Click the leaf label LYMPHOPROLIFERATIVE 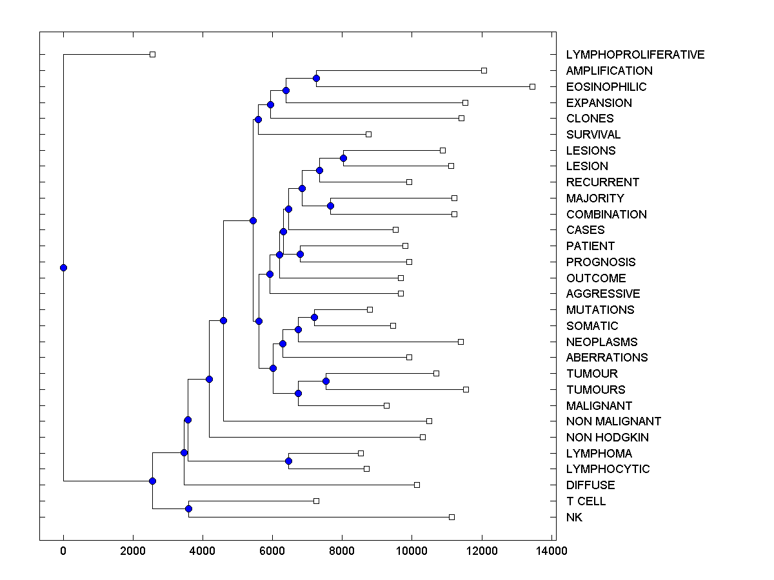pyautogui.click(x=635, y=55)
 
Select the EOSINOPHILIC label pyautogui.click(x=606, y=86)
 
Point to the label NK pyautogui.click(x=574, y=517)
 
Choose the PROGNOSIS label pyautogui.click(x=600, y=262)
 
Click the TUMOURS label pyautogui.click(x=595, y=390)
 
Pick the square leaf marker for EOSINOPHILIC pyautogui.click(x=532, y=86)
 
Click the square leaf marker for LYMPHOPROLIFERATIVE pyautogui.click(x=152, y=55)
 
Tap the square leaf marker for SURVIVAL pyautogui.click(x=368, y=134)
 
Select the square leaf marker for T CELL pyautogui.click(x=316, y=501)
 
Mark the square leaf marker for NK pyautogui.click(x=451, y=517)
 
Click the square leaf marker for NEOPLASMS pyautogui.click(x=461, y=342)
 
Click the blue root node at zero pyautogui.click(x=63, y=267)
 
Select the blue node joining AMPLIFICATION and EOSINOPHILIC pyautogui.click(x=316, y=78)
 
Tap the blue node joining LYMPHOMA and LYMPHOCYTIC pyautogui.click(x=288, y=461)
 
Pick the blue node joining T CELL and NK pyautogui.click(x=188, y=509)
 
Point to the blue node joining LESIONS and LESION pyautogui.click(x=343, y=158)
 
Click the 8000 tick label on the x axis pyautogui.click(x=342, y=551)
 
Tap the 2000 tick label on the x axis pyautogui.click(x=133, y=551)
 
